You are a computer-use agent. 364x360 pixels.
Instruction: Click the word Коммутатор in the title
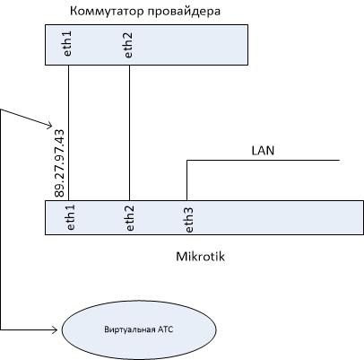point(108,12)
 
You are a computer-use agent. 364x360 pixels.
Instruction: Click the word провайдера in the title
point(185,12)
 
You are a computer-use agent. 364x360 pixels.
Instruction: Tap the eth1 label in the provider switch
point(67,43)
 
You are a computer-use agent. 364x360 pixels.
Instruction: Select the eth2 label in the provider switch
point(127,45)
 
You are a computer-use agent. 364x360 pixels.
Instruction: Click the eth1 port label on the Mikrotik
point(70,217)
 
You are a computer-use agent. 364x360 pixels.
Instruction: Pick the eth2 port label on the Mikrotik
point(130,218)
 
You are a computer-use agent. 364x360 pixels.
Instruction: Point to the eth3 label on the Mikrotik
point(189,220)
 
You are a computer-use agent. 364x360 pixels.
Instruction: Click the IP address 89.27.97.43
point(59,163)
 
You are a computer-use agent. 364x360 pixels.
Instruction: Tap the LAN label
point(263,151)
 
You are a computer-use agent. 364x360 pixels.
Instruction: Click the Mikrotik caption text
point(200,257)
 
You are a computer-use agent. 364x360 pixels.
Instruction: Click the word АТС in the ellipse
point(166,329)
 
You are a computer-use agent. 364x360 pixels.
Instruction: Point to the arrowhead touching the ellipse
point(55,329)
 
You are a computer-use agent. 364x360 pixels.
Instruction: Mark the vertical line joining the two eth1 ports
point(69,133)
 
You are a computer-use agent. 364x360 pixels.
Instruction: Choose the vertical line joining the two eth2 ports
point(129,133)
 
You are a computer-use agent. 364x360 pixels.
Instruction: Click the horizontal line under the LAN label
point(264,161)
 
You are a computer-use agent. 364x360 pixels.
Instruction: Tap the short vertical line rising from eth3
point(187,180)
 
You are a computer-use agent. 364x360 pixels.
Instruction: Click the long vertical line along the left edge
point(1,220)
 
